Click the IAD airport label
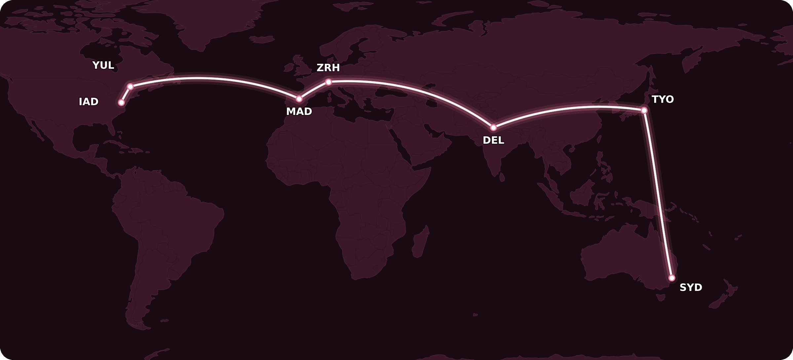tap(89, 102)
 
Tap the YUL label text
tap(103, 65)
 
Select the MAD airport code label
tap(299, 112)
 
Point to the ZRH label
tap(328, 68)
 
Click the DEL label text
tap(493, 140)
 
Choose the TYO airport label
tap(662, 99)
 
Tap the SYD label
tap(691, 287)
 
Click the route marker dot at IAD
tap(121, 103)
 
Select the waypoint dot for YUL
tap(130, 87)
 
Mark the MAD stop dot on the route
tap(299, 99)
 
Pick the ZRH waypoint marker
tap(328, 82)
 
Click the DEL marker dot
tap(493, 127)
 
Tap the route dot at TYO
tap(644, 110)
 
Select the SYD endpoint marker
tap(672, 278)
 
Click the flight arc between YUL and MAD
tap(198, 78)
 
